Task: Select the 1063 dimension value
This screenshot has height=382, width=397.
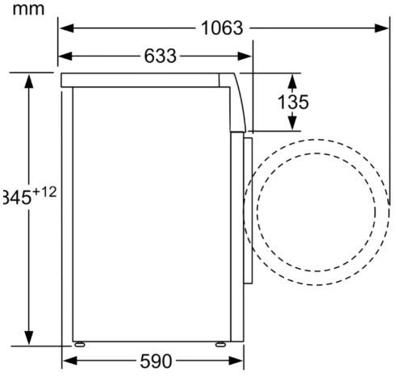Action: (221, 28)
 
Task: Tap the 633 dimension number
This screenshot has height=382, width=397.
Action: (161, 57)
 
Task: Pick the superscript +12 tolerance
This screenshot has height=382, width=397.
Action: (44, 192)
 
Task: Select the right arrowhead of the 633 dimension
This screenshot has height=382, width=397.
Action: (247, 57)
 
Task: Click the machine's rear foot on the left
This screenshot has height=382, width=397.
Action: (79, 343)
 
